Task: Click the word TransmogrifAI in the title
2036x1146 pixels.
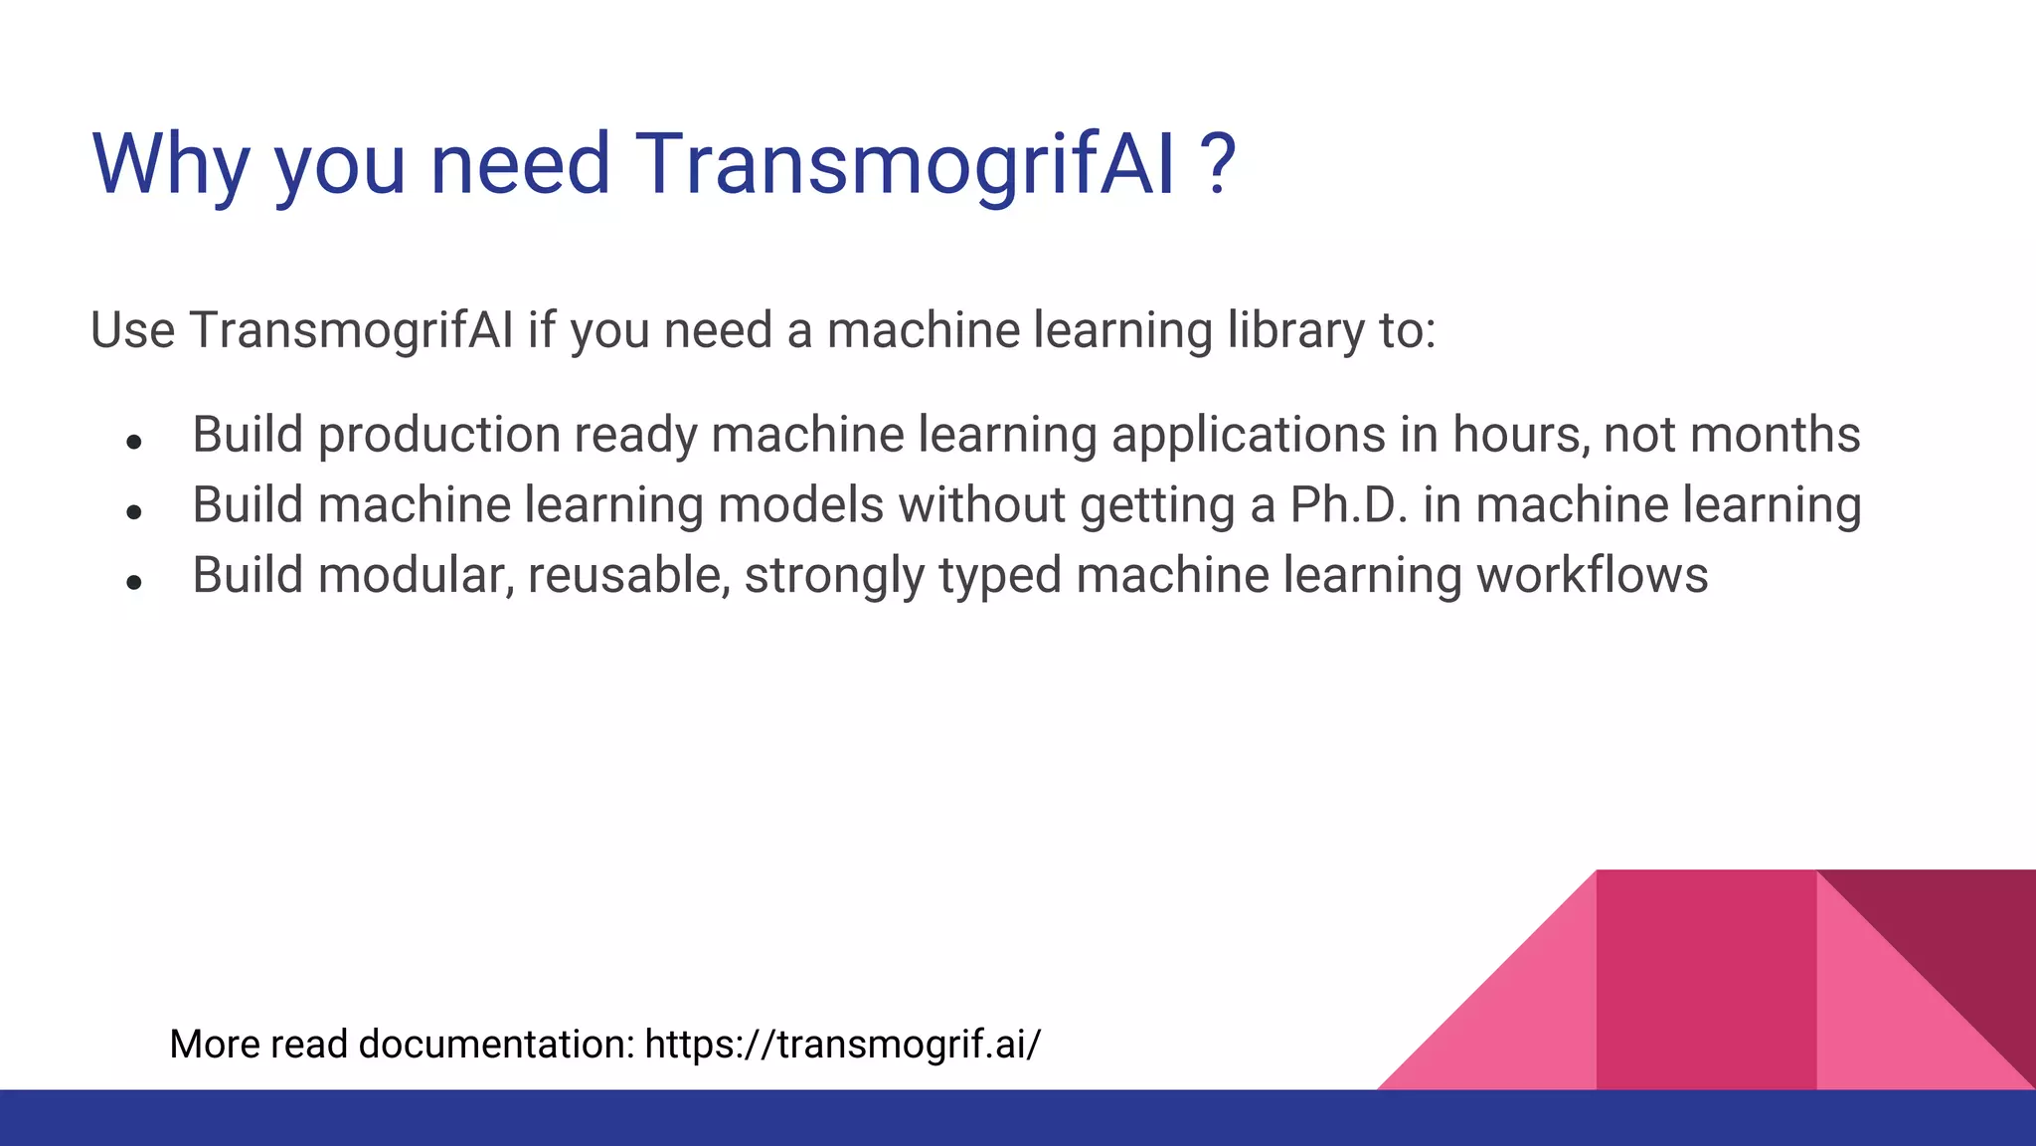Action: point(905,164)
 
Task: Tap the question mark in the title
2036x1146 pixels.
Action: point(1217,164)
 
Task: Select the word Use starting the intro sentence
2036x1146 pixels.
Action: point(132,330)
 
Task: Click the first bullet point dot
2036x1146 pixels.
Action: point(135,441)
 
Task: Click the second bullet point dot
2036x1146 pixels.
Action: point(135,511)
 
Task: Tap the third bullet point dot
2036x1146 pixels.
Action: point(135,582)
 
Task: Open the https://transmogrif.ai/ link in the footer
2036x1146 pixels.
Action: point(843,1045)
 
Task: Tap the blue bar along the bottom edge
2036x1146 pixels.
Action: point(1018,1118)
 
